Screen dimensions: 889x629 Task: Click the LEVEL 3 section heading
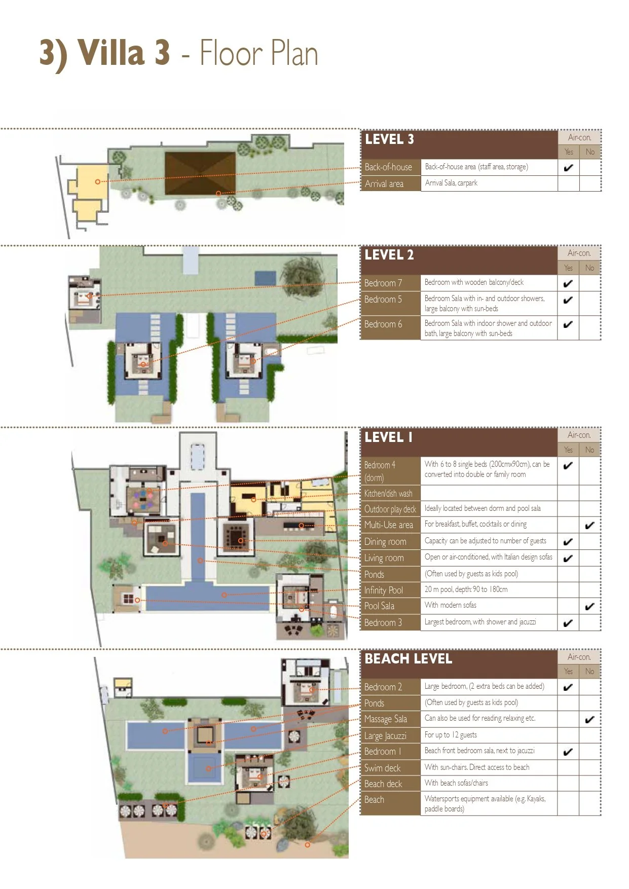coord(389,139)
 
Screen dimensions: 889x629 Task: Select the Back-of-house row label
coord(388,167)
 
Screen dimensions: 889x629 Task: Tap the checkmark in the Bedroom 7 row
coord(568,283)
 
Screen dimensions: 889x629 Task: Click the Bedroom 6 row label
coord(383,324)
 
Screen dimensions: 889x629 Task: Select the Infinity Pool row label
coord(384,590)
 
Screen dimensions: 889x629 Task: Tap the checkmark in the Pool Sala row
coord(589,606)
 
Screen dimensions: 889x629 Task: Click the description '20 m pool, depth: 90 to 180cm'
coord(466,589)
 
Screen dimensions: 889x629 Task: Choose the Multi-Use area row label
coord(389,525)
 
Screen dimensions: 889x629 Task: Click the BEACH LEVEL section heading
coord(408,659)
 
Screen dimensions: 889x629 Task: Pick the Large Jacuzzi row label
coord(385,735)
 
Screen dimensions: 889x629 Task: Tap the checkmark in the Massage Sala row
coord(589,719)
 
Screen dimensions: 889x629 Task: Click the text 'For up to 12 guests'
coord(451,735)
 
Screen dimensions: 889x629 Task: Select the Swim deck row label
coord(383,768)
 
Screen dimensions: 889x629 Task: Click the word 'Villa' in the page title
coord(110,53)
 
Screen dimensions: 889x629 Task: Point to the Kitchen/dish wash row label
coord(388,493)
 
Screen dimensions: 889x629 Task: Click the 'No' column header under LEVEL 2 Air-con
coord(589,268)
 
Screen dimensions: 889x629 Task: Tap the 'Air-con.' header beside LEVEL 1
coord(579,435)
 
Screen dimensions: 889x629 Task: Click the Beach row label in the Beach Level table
coord(374,800)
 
